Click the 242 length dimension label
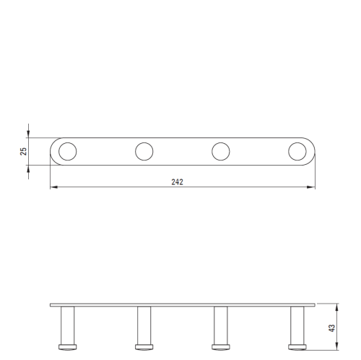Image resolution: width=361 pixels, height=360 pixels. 177,182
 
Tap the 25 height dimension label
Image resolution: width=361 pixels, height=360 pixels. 23,151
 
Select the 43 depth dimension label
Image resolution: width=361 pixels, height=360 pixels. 331,328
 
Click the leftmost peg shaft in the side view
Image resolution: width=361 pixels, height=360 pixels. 68,325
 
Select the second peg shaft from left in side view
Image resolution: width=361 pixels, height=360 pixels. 144,325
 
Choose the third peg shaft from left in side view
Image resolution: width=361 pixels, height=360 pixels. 221,325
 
